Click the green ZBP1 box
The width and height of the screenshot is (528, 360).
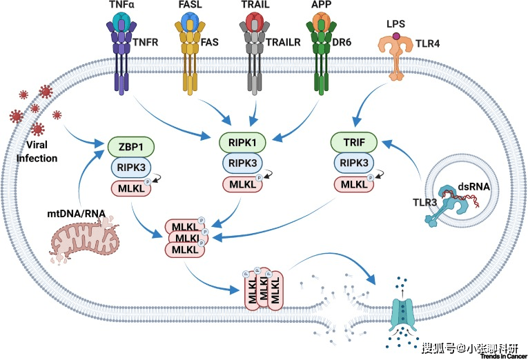tap(130, 147)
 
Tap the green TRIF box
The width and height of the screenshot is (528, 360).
tap(353, 143)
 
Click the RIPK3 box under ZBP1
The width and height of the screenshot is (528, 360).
tap(130, 168)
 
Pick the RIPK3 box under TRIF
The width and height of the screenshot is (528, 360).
tap(353, 164)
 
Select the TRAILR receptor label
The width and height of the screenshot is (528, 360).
tap(284, 41)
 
